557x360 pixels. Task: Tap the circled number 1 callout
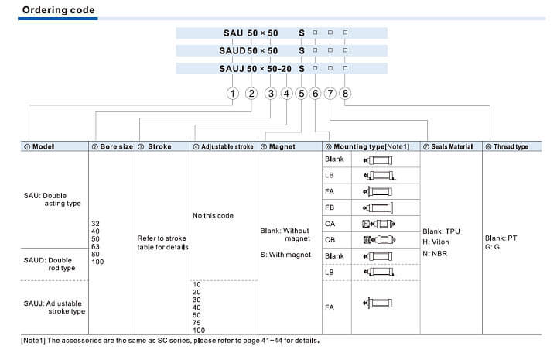232,93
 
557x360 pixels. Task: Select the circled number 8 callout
346,93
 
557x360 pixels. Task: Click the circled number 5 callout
301,93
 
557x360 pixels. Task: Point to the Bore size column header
112,146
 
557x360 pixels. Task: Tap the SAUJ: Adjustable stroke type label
53,307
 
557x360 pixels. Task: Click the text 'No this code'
213,215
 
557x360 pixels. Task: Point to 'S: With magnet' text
285,255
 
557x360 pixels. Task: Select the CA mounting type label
330,224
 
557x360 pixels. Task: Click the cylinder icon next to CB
379,239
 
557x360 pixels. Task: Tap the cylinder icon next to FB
379,207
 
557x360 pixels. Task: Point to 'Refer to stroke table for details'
162,242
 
